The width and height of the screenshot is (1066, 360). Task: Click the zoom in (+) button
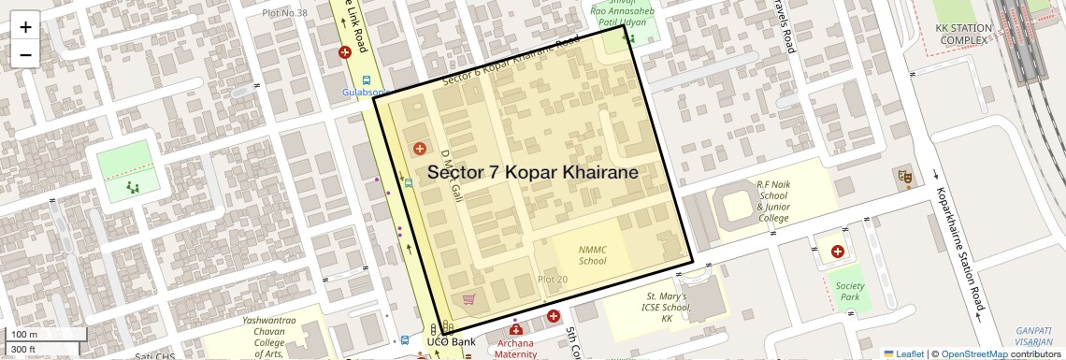point(25,27)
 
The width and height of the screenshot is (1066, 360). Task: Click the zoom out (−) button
point(25,54)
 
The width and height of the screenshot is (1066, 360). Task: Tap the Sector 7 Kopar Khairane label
point(533,173)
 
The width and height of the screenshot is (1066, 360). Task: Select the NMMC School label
point(592,254)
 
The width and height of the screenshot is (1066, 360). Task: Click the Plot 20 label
point(552,280)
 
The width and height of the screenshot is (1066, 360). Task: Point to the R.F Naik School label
point(773,201)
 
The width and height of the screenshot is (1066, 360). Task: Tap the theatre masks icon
point(904,175)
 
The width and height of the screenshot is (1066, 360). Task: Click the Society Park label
point(849,291)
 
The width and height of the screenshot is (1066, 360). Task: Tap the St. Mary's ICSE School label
point(667,307)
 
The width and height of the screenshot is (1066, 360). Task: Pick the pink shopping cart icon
point(469,299)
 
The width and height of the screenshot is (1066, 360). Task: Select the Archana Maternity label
point(515,348)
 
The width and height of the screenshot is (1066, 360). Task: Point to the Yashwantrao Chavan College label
point(269,336)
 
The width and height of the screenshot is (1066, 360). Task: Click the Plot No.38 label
point(284,13)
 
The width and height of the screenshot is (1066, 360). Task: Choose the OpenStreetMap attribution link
point(973,353)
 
